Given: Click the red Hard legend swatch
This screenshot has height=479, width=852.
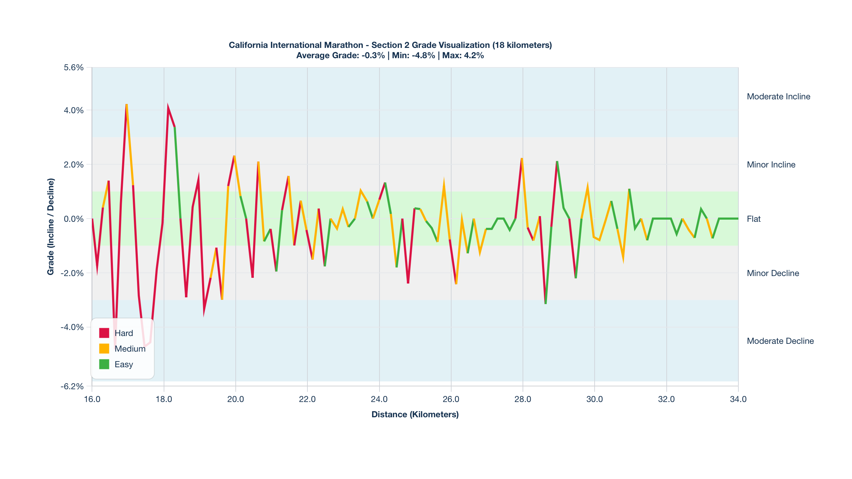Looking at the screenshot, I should pos(104,333).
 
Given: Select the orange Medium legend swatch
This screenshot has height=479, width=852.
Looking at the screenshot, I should pos(104,348).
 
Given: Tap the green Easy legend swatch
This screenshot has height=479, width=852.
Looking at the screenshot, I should pos(104,364).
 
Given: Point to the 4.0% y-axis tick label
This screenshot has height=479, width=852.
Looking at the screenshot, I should pos(74,110).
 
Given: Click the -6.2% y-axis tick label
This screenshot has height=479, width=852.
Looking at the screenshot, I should pos(72,386).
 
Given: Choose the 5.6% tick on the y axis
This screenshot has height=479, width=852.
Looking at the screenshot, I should pos(74,67).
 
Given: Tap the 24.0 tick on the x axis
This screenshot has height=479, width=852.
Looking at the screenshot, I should pos(379,399).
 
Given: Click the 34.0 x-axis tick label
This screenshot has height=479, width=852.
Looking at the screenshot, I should pos(738,399).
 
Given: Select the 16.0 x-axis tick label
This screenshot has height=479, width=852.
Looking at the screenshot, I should pos(92,399).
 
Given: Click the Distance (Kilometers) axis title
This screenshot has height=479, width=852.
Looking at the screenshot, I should pos(415,414).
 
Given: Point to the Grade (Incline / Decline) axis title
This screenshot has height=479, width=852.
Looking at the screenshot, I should pos(51,226).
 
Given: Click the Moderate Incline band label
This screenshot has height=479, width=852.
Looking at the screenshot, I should pos(779,97).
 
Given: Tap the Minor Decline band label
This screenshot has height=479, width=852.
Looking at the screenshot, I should pos(773,273).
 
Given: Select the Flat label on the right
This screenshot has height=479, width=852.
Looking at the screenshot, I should pos(754,219).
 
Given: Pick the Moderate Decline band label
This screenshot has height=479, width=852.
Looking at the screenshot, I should pos(780,341).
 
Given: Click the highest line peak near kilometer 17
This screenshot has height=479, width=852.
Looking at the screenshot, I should pos(126,105).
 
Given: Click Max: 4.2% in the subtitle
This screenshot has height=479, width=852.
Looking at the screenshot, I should pos(463,56).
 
